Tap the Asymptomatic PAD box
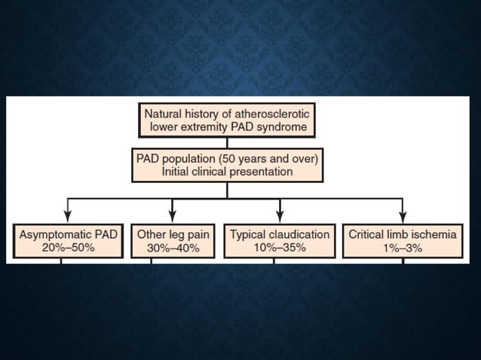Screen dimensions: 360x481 [68, 241]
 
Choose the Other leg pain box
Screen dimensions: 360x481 [173, 241]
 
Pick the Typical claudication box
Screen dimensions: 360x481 [280, 241]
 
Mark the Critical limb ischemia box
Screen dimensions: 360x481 [402, 241]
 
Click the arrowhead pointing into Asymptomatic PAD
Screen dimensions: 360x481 [68, 218]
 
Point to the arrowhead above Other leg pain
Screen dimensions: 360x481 [173, 218]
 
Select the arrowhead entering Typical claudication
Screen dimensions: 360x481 [280, 218]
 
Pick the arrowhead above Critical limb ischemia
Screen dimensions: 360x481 [403, 218]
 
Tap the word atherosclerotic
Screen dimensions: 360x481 [271, 113]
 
